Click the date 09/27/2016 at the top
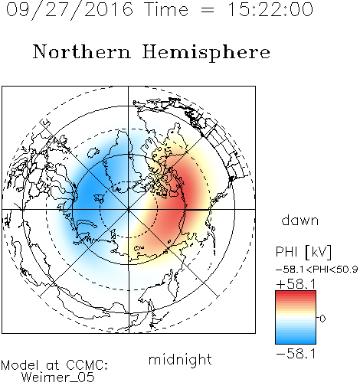coord(70,9)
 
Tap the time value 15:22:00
coord(270,9)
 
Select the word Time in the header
coord(166,9)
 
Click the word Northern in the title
coord(81,51)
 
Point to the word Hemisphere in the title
coord(206,53)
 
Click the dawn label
coord(300,220)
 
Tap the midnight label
coord(180,359)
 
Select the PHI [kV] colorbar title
coord(303,252)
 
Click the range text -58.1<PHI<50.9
coord(316,270)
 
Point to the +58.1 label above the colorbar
coord(296,284)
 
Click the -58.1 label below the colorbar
coord(296,354)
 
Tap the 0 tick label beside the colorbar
coord(322,319)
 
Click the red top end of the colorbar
coord(296,293)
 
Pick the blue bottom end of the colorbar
coord(296,342)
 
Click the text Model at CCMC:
coord(54,365)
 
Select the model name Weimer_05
coord(57,378)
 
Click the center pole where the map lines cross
coord(129,210)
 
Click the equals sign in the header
coord(208,10)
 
